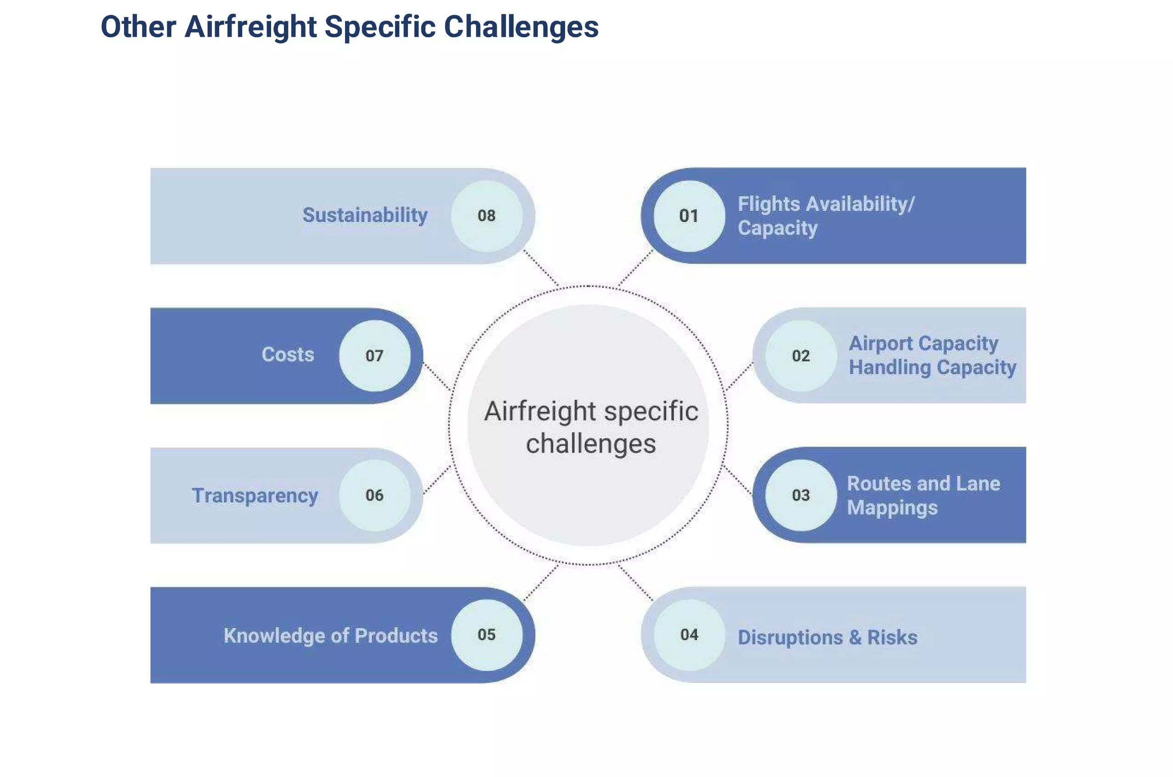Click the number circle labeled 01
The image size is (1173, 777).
pyautogui.click(x=689, y=216)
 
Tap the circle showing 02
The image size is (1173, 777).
pyautogui.click(x=801, y=356)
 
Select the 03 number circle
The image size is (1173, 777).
pyautogui.click(x=801, y=495)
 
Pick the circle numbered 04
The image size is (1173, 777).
pyautogui.click(x=689, y=635)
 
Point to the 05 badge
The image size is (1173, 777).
pyautogui.click(x=487, y=635)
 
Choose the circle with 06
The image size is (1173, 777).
pyautogui.click(x=374, y=495)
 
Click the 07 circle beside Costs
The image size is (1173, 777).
pyautogui.click(x=374, y=356)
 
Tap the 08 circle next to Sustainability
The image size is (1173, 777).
pyautogui.click(x=487, y=216)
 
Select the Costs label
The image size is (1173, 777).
pyautogui.click(x=288, y=355)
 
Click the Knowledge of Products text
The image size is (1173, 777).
pyautogui.click(x=330, y=636)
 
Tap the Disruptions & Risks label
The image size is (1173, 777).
pyautogui.click(x=827, y=637)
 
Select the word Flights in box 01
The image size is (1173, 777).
pyautogui.click(x=769, y=204)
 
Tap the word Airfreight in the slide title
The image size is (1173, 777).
pyautogui.click(x=250, y=27)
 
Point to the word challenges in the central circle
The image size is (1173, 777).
pyautogui.click(x=591, y=444)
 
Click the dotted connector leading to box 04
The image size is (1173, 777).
pyautogui.click(x=635, y=582)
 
